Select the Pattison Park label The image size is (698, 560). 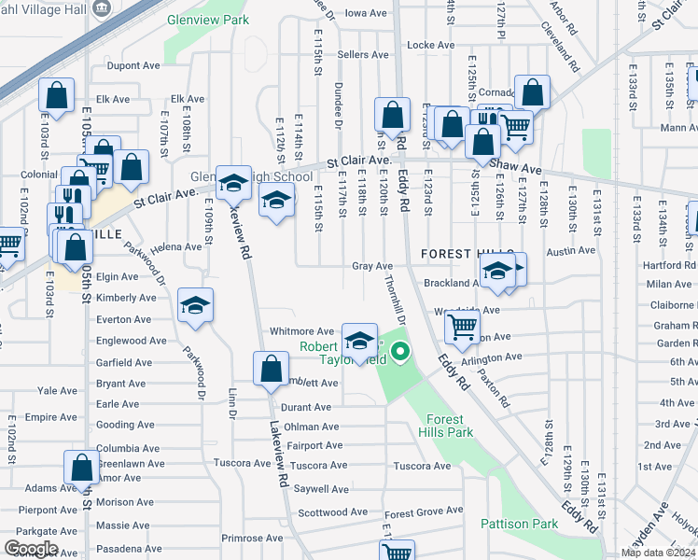tap(520, 524)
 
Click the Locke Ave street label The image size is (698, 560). tap(431, 45)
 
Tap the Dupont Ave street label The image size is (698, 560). tap(133, 66)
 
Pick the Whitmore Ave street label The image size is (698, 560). tap(301, 331)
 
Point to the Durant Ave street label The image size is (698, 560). tap(306, 407)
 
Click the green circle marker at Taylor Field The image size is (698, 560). tap(400, 352)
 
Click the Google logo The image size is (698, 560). tap(30, 549)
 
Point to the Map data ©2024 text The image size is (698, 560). tap(658, 553)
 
